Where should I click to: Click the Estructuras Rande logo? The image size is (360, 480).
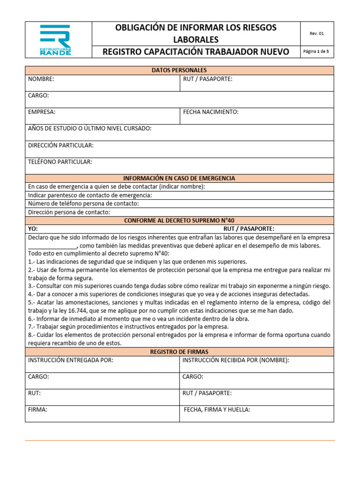tap(55, 40)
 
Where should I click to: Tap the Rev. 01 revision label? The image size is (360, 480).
tap(316, 33)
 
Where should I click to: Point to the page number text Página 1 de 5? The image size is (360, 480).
tap(316, 52)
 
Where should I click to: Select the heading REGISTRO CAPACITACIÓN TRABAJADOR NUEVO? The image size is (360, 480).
tap(196, 52)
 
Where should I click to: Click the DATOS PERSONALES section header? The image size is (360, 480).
tap(179, 70)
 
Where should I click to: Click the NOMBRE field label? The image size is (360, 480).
tap(41, 79)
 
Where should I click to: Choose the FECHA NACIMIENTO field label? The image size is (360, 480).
tap(210, 112)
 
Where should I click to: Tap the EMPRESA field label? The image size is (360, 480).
tap(42, 112)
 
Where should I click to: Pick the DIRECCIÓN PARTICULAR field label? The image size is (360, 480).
tap(60, 145)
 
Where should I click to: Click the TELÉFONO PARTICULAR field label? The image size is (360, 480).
tap(60, 162)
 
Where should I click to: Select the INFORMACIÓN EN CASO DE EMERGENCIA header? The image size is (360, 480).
tap(179, 178)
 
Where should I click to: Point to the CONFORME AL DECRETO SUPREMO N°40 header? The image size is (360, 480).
tap(179, 220)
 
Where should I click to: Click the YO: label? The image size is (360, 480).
tap(33, 229)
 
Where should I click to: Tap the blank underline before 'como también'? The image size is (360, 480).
tap(52, 246)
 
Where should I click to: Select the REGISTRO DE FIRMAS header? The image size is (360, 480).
tap(179, 352)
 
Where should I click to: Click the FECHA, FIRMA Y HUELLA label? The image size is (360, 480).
tap(217, 410)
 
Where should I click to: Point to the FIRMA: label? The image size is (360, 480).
tap(37, 410)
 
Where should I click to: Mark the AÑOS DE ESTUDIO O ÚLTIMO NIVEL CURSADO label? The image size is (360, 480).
tap(90, 128)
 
